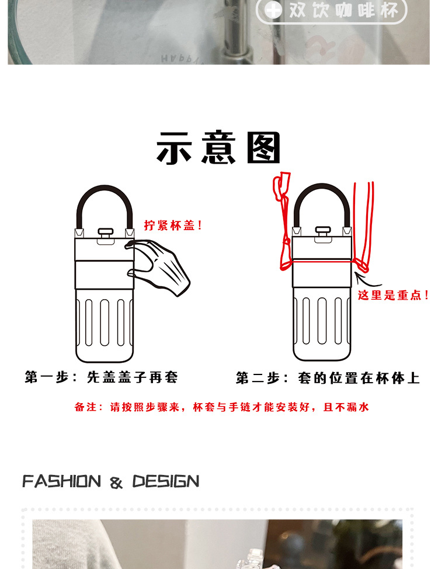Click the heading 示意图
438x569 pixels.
click(x=218, y=148)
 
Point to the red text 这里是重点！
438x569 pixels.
click(x=394, y=296)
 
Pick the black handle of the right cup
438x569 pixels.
click(x=322, y=196)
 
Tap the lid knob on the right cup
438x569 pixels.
click(x=323, y=234)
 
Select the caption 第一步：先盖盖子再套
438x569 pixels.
click(x=101, y=377)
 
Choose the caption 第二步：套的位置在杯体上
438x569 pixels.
click(x=328, y=378)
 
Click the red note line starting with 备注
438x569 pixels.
click(x=222, y=408)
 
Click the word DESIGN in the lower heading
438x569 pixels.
click(x=166, y=482)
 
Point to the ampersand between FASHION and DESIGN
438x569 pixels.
click(x=116, y=483)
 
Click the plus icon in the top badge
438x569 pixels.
click(x=273, y=10)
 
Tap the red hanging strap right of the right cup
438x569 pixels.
click(x=366, y=222)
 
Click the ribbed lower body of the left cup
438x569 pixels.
click(x=105, y=324)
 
